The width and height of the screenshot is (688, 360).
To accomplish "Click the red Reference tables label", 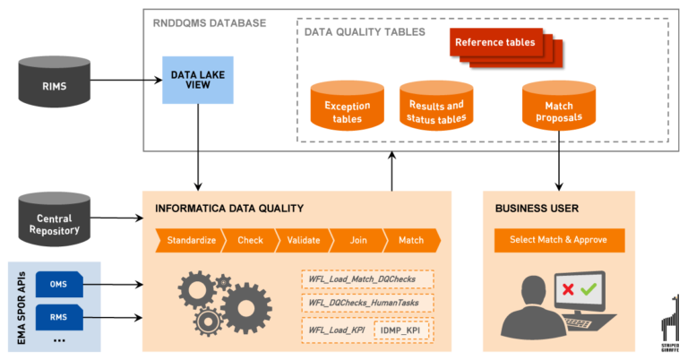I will (x=494, y=43).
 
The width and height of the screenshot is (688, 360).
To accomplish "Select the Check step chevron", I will (x=250, y=240).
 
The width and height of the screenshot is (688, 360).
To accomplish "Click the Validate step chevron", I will (x=304, y=240).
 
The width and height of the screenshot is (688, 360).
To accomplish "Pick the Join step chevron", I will (x=357, y=240).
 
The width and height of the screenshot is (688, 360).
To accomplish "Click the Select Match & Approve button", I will (x=559, y=240).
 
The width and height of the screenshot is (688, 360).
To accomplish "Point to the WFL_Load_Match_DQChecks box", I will (x=367, y=280).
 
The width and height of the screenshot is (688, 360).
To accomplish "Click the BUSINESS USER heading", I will (x=537, y=208).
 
